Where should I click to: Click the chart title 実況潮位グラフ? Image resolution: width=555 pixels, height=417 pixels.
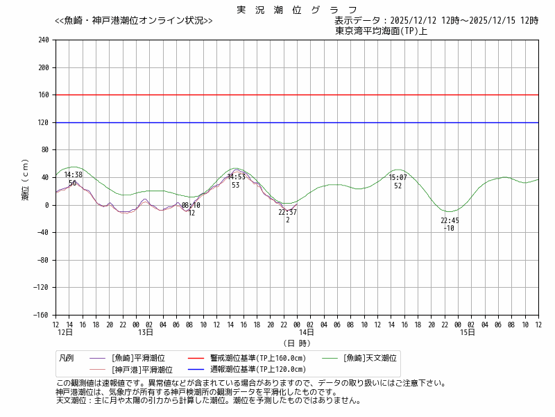[297, 10]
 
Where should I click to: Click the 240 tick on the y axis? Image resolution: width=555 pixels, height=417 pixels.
[43, 40]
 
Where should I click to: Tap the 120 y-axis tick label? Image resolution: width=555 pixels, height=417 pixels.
[43, 123]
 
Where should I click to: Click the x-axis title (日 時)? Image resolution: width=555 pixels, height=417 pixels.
[297, 343]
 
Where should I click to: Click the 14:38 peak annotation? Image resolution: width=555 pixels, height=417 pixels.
[73, 175]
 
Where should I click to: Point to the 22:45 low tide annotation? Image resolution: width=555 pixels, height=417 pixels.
[450, 221]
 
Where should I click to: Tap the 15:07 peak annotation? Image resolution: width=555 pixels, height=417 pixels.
[398, 178]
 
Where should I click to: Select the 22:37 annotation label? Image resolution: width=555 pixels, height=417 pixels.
[287, 213]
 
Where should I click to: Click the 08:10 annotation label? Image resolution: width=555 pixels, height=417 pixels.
[191, 206]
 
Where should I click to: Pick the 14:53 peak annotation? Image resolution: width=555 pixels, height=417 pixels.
[236, 177]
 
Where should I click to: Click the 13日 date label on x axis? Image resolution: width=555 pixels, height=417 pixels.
[145, 333]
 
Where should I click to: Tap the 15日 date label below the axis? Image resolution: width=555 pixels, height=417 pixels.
[468, 333]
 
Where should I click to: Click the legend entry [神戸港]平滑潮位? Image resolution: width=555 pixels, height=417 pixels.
[142, 370]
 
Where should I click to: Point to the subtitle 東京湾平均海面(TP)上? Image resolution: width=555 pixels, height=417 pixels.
[381, 31]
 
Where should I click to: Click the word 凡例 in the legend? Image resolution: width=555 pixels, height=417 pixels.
[67, 358]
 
